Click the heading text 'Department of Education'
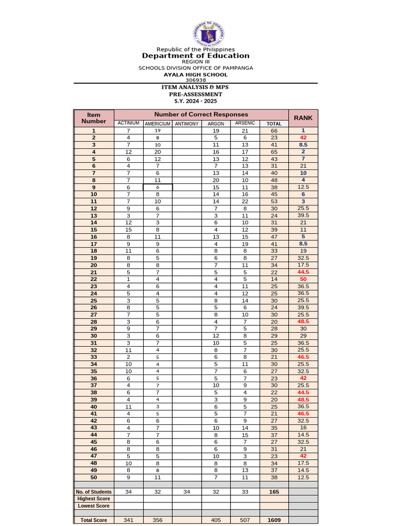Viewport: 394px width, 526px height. [195, 55]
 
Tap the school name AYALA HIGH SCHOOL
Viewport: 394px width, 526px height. [195, 74]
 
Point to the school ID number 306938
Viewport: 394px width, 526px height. [195, 80]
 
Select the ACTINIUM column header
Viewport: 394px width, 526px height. [128, 123]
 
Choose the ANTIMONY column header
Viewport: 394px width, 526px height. [187, 123]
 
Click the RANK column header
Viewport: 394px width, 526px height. [303, 118]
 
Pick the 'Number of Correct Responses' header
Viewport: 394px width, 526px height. [201, 114]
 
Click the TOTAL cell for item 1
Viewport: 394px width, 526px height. [274, 131]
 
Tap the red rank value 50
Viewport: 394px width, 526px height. [303, 279]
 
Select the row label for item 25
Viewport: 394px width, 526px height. [94, 300]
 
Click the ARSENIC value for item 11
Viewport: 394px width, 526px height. [245, 202]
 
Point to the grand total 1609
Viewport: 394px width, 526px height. [274, 520]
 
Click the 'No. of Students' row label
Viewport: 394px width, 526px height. [94, 492]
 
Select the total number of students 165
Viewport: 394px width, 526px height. [274, 492]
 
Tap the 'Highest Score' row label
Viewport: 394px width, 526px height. [94, 499]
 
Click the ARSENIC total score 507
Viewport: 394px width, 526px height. [245, 520]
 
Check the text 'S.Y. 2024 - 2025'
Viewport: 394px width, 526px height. [195, 101]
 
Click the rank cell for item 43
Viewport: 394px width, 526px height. [303, 427]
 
